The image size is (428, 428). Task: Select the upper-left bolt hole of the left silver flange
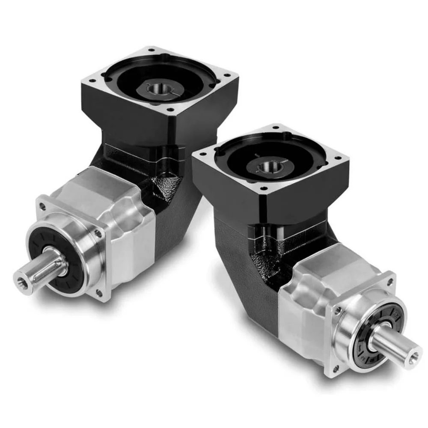coord(42,206)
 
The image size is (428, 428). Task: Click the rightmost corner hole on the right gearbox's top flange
coord(341,158)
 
